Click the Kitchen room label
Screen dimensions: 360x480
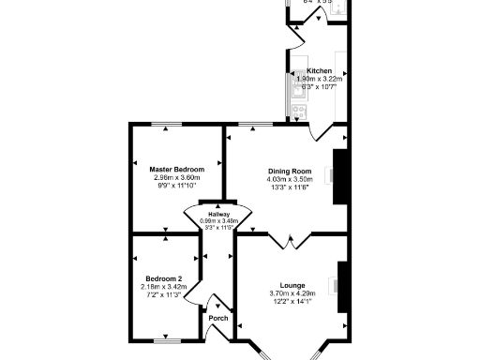pos(319,69)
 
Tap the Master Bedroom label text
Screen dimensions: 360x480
pos(176,169)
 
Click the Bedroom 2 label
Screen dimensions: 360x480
pos(160,277)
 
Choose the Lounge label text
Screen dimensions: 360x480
pos(292,285)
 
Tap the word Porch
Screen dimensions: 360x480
pos(217,318)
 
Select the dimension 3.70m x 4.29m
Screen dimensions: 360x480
pos(292,293)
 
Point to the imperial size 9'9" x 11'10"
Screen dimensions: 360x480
pos(176,186)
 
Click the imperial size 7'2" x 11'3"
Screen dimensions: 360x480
pos(160,294)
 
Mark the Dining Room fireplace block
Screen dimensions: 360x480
pos(340,175)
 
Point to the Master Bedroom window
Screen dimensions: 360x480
pos(169,125)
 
